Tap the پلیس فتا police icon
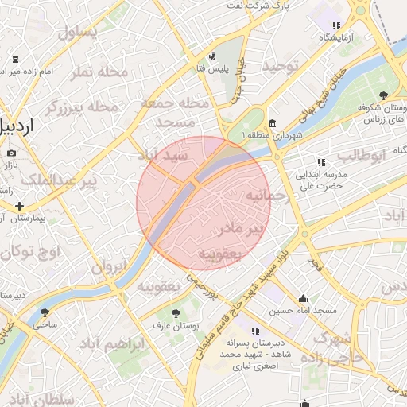(212, 56)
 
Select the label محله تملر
(99, 72)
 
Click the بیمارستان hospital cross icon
(19, 206)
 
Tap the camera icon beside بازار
(11, 153)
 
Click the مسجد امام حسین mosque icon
(300, 300)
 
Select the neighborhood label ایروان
(108, 268)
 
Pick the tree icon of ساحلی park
(44, 312)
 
